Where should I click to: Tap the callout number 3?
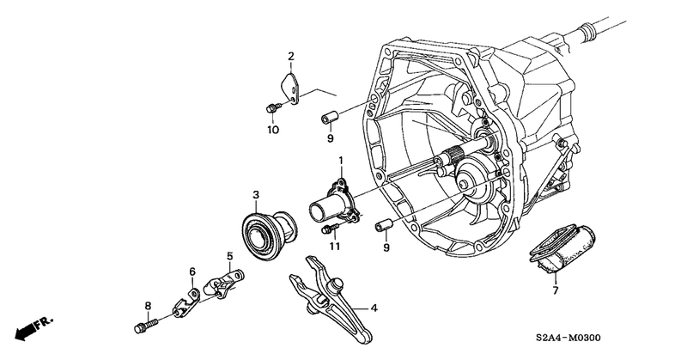tap(255, 195)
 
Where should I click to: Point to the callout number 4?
tap(374, 308)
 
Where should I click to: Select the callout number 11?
tap(334, 247)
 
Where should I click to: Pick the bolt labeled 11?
tap(330, 229)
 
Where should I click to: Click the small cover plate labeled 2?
tap(292, 88)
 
